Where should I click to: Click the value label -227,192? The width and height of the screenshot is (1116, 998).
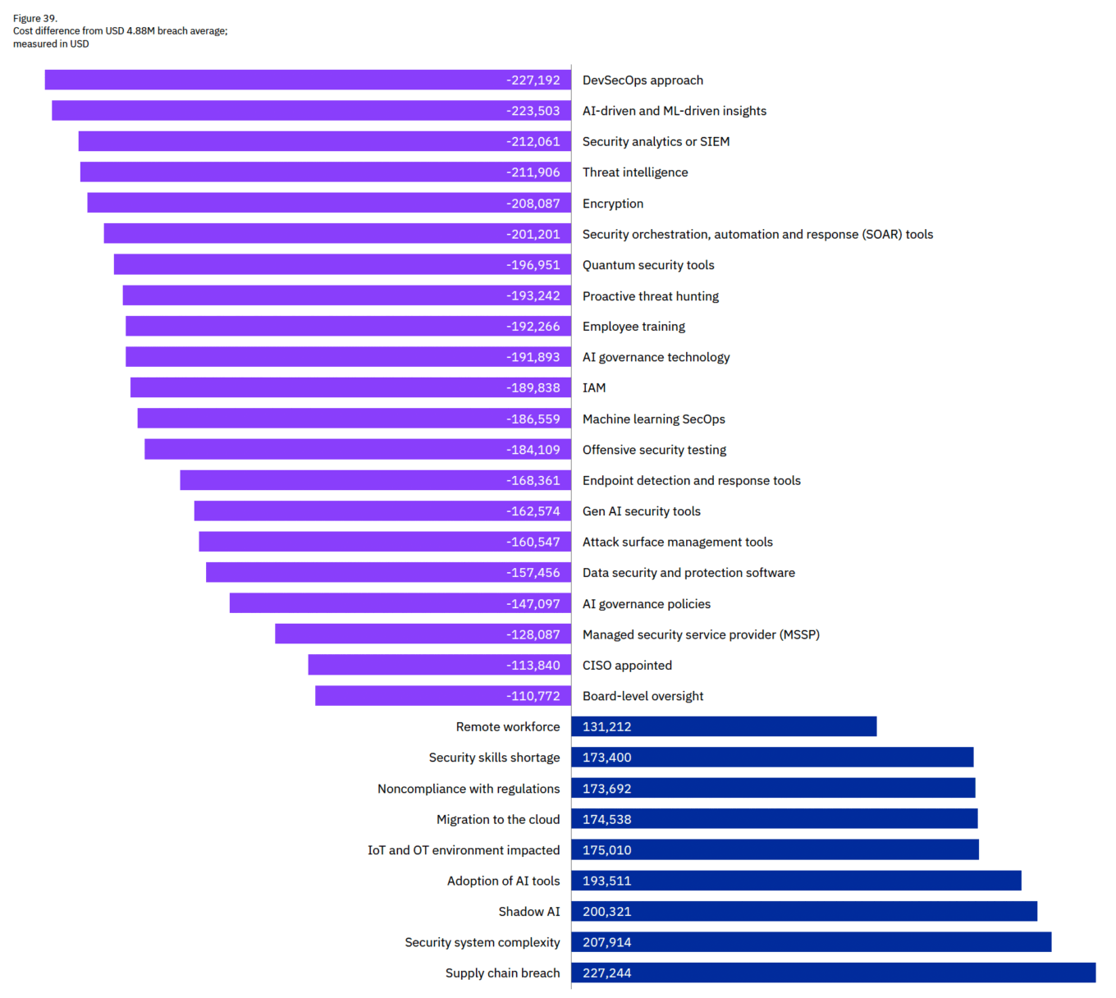pos(533,80)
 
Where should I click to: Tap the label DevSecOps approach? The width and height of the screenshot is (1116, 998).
pos(643,80)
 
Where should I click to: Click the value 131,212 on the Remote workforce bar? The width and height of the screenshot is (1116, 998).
pos(607,727)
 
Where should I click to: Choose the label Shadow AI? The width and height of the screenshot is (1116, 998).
pos(528,912)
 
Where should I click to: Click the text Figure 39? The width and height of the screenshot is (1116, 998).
pos(35,18)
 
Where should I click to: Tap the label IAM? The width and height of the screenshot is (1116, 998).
pos(594,388)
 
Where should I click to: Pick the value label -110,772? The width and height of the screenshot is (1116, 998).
pos(533,696)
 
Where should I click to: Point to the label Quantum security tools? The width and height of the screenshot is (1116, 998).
pos(648,265)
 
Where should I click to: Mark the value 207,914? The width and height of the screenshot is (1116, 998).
pos(607,942)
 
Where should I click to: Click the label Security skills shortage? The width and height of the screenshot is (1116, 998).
pos(494,758)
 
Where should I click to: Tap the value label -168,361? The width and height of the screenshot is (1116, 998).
pos(533,481)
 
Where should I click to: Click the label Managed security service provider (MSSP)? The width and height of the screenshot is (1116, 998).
pos(701,634)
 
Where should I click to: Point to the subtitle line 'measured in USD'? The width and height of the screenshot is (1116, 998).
pos(51,44)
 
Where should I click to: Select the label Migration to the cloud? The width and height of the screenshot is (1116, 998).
pos(498,819)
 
